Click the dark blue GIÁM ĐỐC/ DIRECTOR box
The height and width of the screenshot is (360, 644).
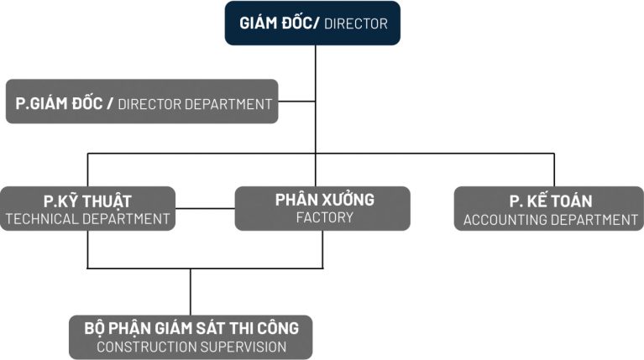click(312, 23)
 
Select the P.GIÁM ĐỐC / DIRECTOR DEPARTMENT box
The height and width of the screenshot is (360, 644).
click(142, 102)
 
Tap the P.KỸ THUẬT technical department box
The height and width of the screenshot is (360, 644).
click(87, 209)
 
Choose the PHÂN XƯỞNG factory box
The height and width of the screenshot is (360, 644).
click(322, 209)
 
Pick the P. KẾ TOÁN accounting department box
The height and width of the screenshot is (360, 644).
click(549, 209)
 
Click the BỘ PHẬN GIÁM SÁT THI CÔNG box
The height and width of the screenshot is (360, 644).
click(191, 337)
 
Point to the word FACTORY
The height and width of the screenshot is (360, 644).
click(324, 218)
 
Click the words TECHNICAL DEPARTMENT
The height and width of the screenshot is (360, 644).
click(87, 220)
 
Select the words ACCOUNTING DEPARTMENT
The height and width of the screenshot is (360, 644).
click(550, 220)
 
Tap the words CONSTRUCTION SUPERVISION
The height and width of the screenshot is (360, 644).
click(191, 347)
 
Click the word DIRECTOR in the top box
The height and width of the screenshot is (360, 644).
click(356, 24)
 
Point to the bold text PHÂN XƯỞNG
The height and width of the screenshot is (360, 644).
click(324, 200)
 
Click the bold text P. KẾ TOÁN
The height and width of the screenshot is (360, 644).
click(550, 201)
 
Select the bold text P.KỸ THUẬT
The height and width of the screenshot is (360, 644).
click(87, 201)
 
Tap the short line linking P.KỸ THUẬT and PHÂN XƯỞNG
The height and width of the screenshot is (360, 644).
click(205, 208)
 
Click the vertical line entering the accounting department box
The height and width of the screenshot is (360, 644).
click(553, 170)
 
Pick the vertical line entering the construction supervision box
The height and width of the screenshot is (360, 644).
click(191, 292)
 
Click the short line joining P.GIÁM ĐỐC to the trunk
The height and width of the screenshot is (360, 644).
click(296, 102)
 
